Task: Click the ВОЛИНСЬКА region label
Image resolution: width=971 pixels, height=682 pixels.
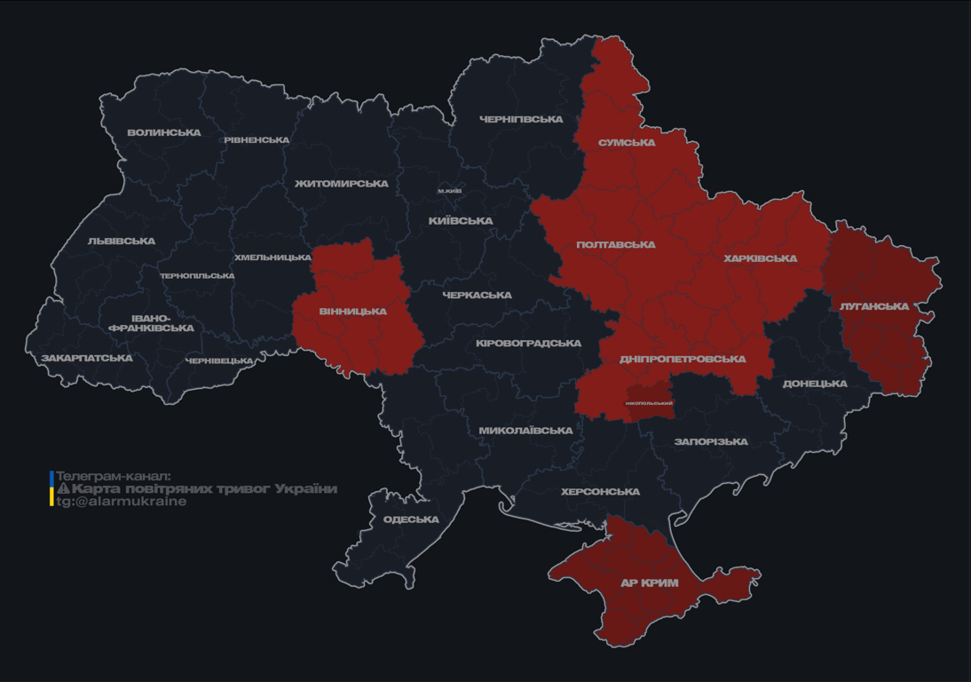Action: click(x=163, y=132)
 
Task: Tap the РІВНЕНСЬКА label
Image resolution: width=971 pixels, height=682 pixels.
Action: click(x=257, y=140)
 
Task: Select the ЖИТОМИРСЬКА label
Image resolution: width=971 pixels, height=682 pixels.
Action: click(x=342, y=184)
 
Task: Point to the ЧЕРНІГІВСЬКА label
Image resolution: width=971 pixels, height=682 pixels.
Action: click(x=521, y=119)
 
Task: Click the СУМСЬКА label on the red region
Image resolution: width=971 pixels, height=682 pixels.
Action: click(x=627, y=142)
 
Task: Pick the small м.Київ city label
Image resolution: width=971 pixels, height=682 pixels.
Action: click(x=450, y=191)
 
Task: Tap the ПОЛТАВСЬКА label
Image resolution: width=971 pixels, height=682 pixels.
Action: click(x=615, y=244)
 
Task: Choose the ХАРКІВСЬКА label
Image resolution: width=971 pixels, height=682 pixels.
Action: click(x=760, y=258)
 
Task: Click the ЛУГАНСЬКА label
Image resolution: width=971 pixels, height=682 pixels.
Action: click(x=874, y=306)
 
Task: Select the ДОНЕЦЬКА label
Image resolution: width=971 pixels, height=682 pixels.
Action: click(x=815, y=384)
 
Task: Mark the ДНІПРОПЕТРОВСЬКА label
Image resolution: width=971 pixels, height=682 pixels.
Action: click(x=683, y=359)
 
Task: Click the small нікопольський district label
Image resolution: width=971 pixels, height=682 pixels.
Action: click(x=649, y=403)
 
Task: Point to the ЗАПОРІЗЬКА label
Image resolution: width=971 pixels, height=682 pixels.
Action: click(x=711, y=441)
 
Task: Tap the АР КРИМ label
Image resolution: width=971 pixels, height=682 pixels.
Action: click(x=649, y=583)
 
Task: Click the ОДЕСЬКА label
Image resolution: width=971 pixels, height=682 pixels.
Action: click(x=411, y=519)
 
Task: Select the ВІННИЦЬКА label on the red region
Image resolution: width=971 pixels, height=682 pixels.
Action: click(x=353, y=311)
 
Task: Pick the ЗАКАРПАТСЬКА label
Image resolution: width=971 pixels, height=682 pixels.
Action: click(x=86, y=358)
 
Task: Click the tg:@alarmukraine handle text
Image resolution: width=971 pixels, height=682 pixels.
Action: click(x=122, y=501)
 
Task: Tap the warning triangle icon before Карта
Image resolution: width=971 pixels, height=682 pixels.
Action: click(x=63, y=488)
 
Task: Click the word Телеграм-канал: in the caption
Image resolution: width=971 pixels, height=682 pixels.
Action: click(x=113, y=476)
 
